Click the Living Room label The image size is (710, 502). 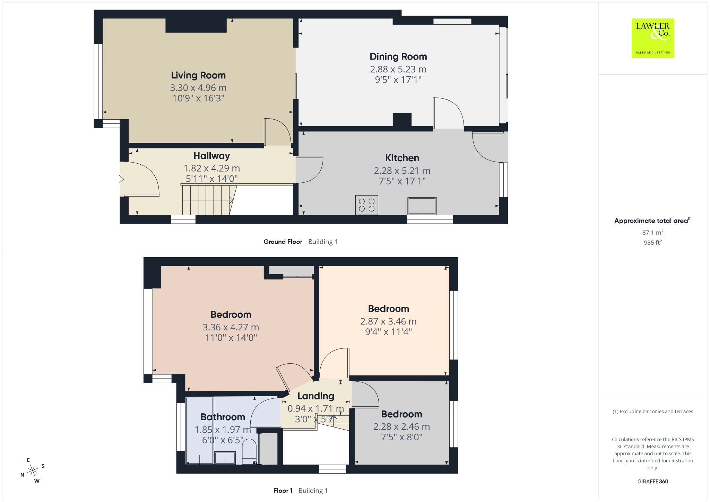click(x=198, y=75)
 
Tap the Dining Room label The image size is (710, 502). click(x=398, y=57)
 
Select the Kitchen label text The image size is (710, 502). click(x=402, y=158)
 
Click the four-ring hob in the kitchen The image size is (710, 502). click(x=366, y=205)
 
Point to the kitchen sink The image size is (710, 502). click(x=422, y=206)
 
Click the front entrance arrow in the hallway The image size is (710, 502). click(x=120, y=179)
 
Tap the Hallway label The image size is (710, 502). click(x=211, y=156)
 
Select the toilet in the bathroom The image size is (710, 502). click(x=249, y=451)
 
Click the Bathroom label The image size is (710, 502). click(x=223, y=417)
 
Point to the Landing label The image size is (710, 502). click(x=315, y=396)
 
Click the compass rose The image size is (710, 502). click(x=33, y=470)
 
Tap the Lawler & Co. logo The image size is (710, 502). click(x=652, y=38)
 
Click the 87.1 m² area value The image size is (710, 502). click(x=653, y=232)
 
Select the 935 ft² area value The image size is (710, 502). click(x=653, y=243)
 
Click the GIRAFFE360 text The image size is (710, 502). click(x=653, y=481)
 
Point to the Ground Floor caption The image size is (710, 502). click(x=283, y=242)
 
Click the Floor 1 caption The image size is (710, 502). click(x=283, y=491)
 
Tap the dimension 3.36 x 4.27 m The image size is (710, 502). click(x=231, y=327)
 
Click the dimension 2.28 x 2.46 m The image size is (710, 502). click(x=401, y=427)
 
